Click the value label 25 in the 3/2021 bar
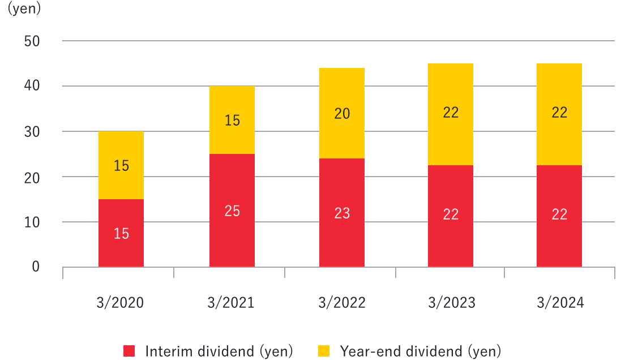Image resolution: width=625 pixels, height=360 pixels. tap(232, 211)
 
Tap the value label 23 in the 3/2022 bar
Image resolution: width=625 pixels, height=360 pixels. tap(342, 213)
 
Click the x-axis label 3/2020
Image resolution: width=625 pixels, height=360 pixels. tap(121, 303)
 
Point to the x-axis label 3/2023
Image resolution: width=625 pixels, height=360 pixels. tap(451, 303)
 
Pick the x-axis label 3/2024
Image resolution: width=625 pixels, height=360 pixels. tap(560, 303)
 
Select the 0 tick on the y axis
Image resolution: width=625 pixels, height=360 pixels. tap(35, 267)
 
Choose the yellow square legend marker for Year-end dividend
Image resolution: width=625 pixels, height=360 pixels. tap(324, 351)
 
